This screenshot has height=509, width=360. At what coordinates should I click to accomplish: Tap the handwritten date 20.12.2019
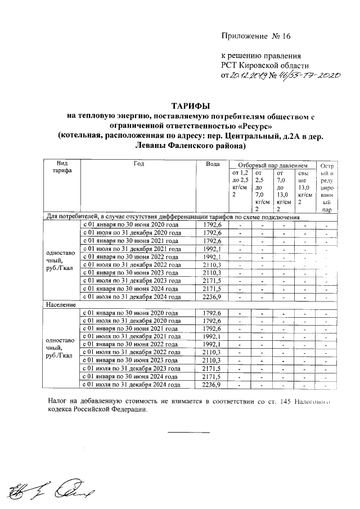click(249, 75)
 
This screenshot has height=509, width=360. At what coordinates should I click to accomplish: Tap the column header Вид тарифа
click(60, 168)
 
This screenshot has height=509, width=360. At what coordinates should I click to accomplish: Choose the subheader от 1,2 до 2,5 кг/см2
click(240, 183)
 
